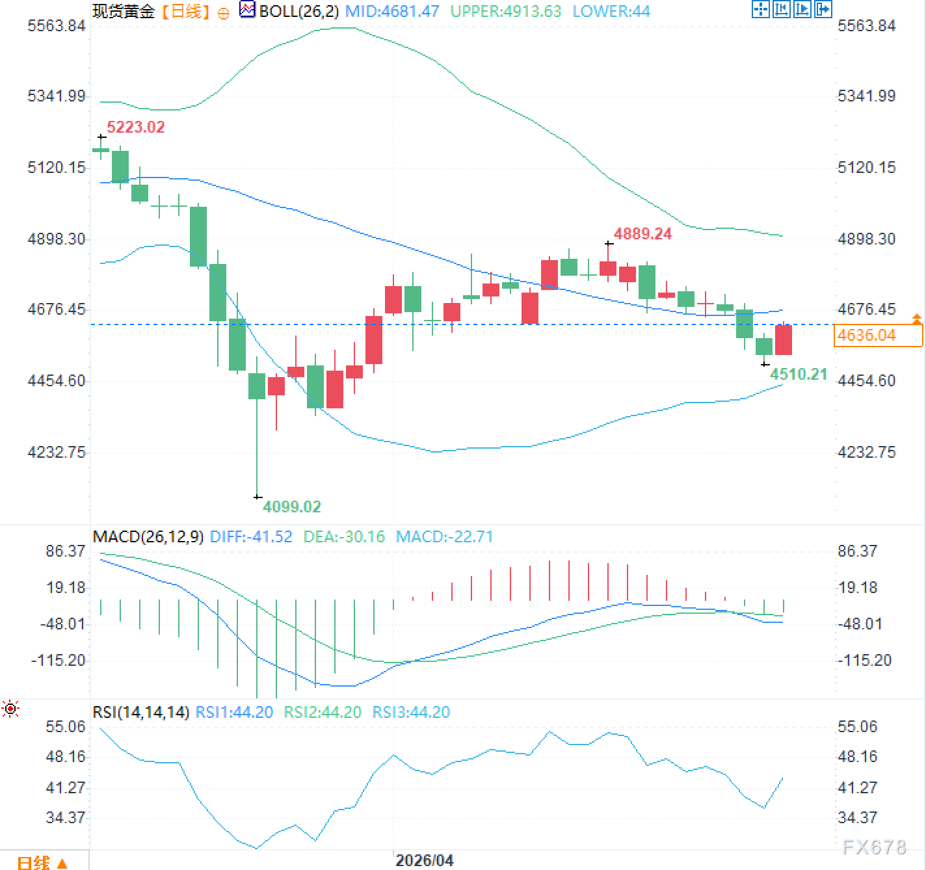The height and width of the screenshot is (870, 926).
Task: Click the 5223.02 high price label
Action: point(135,127)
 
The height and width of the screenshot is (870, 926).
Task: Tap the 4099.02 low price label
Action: point(291,507)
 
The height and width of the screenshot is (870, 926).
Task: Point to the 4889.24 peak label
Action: point(642,234)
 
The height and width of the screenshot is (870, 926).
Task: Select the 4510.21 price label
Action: point(799,374)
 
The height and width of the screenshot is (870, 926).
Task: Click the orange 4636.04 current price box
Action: point(877,336)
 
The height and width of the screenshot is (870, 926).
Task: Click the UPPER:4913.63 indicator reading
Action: point(505,11)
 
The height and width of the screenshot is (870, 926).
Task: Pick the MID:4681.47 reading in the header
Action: point(392,11)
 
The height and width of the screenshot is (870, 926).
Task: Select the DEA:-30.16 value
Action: point(344,537)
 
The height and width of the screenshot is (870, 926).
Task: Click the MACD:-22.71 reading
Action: point(444,537)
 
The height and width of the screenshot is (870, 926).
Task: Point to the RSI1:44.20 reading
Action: point(234,713)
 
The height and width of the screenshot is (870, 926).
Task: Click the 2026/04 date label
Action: point(424,860)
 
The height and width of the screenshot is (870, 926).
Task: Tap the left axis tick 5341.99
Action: point(57,96)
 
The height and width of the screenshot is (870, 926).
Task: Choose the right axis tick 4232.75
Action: point(866,453)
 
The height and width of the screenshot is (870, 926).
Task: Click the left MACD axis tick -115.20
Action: point(59,661)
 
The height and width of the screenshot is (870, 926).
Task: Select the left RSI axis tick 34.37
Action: point(65,818)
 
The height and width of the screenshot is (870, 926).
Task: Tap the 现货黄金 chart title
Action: point(124,11)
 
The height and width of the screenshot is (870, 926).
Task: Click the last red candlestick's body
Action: point(783,339)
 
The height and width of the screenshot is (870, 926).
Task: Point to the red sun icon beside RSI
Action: point(10,709)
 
